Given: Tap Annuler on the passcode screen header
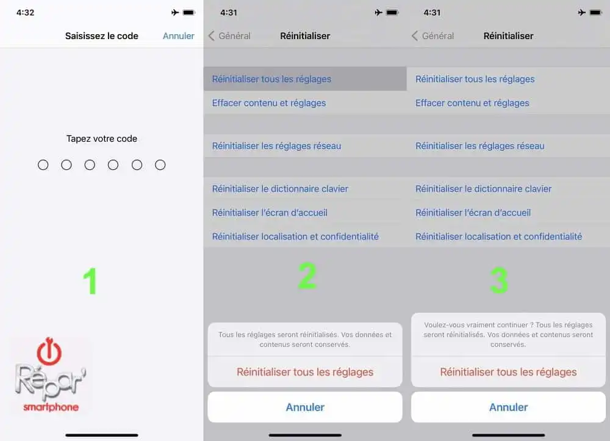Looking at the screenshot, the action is click(x=179, y=36).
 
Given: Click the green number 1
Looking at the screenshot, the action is click(x=90, y=281).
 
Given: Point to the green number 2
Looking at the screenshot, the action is click(x=307, y=276).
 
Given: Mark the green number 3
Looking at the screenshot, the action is click(x=499, y=280).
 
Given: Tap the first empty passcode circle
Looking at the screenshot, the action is click(x=43, y=165).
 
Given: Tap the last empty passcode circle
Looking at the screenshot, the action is click(x=160, y=165).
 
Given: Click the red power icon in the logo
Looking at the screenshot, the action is click(x=49, y=351).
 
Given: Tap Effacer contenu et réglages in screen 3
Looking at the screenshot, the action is click(x=472, y=103).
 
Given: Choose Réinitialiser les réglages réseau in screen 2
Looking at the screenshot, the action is click(x=276, y=146).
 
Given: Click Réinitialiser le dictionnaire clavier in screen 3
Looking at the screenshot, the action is click(x=484, y=189).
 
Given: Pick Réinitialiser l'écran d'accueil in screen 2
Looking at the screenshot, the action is click(x=270, y=213).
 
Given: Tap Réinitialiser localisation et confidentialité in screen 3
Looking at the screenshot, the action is click(x=499, y=236).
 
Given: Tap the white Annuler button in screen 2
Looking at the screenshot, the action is click(x=305, y=407).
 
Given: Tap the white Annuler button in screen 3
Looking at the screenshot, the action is click(x=509, y=407).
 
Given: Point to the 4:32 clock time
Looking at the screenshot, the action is click(x=25, y=12).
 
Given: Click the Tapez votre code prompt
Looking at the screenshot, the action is click(x=102, y=139).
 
